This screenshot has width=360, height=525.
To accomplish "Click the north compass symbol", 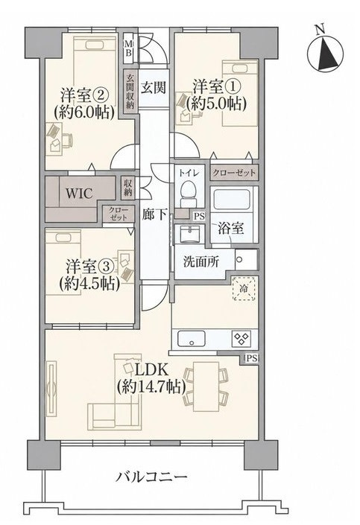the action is tap(325, 53).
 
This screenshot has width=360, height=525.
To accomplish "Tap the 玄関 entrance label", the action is tap(153, 88).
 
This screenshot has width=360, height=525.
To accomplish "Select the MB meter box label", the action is tap(129, 48).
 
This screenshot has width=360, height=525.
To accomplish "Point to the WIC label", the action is tap(79, 194).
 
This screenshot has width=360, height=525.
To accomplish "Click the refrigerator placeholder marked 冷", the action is tap(244, 288).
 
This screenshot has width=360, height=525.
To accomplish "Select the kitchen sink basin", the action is tap(191, 339).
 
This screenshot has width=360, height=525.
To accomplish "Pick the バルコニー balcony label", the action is tap(151, 477).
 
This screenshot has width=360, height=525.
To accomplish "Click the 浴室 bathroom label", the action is tap(230, 229).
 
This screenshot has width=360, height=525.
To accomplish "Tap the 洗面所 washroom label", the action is tap(201, 261).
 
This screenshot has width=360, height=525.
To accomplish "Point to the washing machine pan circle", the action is tap(240, 260).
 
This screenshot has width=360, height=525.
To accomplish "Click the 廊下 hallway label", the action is tap(154, 214).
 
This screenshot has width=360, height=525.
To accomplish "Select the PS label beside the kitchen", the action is tap(252, 359).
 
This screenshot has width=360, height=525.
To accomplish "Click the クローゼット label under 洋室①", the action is tap(234, 173).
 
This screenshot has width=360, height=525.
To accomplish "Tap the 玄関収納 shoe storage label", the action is tap(130, 91).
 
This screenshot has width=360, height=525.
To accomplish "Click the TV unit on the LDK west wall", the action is tap(51, 389).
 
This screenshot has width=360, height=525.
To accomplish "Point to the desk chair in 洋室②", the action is tap(68, 140).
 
